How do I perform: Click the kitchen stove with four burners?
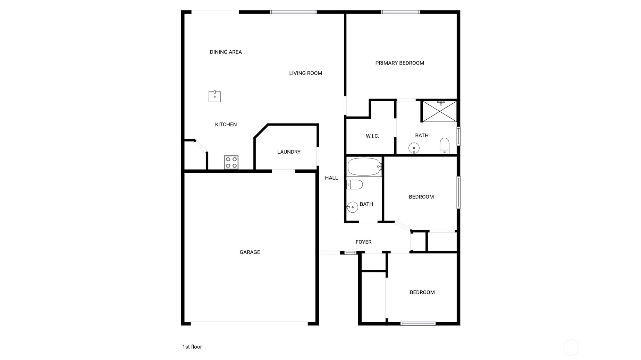(231, 162)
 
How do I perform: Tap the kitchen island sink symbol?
(214, 96)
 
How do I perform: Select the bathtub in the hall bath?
(364, 167)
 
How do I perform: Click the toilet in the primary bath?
(444, 146)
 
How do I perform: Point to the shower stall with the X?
(439, 111)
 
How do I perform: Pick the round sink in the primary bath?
(414, 148)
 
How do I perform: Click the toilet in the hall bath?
(355, 185)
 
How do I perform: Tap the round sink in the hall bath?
(352, 207)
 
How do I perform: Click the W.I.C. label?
(372, 136)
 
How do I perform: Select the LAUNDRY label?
(289, 152)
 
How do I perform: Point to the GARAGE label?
(250, 252)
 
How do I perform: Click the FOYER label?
(363, 242)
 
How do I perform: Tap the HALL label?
(331, 178)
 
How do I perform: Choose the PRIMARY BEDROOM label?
(399, 63)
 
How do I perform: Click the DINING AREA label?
(226, 52)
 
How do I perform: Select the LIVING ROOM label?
(305, 73)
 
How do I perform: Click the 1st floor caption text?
(192, 347)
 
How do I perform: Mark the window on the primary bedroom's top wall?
(400, 12)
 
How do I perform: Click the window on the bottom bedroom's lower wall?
(418, 324)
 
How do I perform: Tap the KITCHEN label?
(226, 125)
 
